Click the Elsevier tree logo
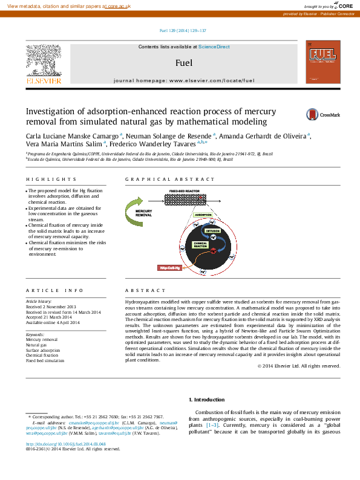tap(43, 62)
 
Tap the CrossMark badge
tap(322, 114)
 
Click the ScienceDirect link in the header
tap(214, 47)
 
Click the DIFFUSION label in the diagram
tap(212, 231)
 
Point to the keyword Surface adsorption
tap(42, 350)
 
